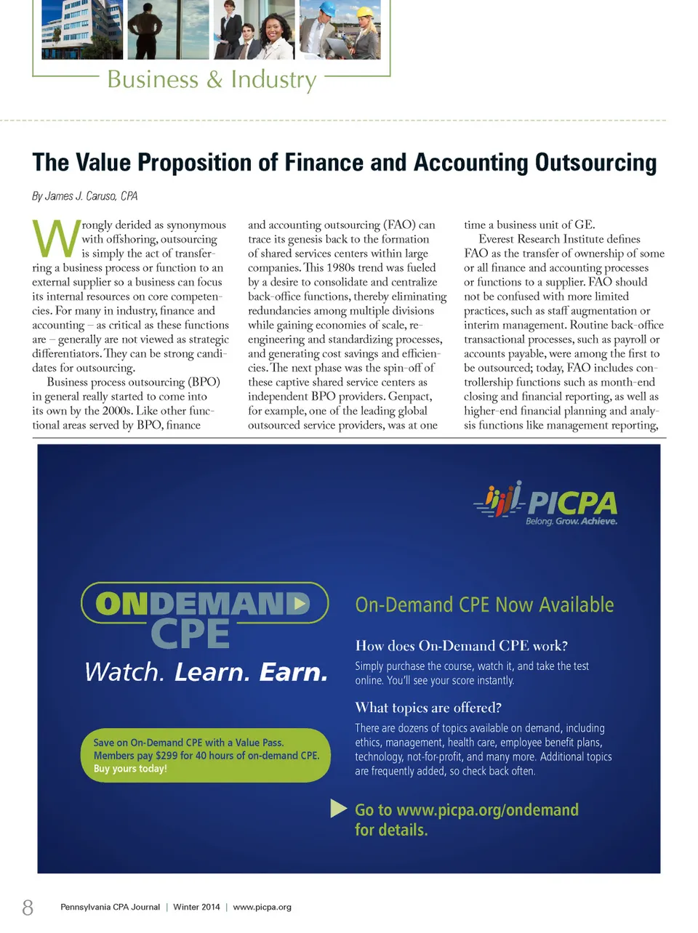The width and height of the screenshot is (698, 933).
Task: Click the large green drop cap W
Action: tap(56, 238)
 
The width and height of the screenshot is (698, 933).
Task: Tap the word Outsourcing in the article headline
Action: tap(595, 162)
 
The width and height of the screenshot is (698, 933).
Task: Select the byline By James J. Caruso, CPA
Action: tap(84, 196)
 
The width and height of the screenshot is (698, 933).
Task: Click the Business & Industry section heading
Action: tap(212, 79)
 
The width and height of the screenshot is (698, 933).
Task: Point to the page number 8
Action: tap(28, 907)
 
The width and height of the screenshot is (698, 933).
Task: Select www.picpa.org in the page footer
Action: tap(262, 907)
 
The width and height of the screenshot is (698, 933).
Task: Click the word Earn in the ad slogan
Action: tap(293, 672)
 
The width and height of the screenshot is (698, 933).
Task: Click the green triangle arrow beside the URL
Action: tap(338, 808)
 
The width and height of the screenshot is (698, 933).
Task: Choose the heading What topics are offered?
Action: tap(428, 708)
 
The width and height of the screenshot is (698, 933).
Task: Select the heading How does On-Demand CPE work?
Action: tap(461, 645)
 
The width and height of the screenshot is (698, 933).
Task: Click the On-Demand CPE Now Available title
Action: tap(484, 605)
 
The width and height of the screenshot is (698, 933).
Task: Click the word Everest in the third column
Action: tap(497, 239)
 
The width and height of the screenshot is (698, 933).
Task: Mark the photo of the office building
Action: tap(81, 30)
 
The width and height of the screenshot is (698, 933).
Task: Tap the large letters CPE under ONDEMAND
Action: tap(190, 634)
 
